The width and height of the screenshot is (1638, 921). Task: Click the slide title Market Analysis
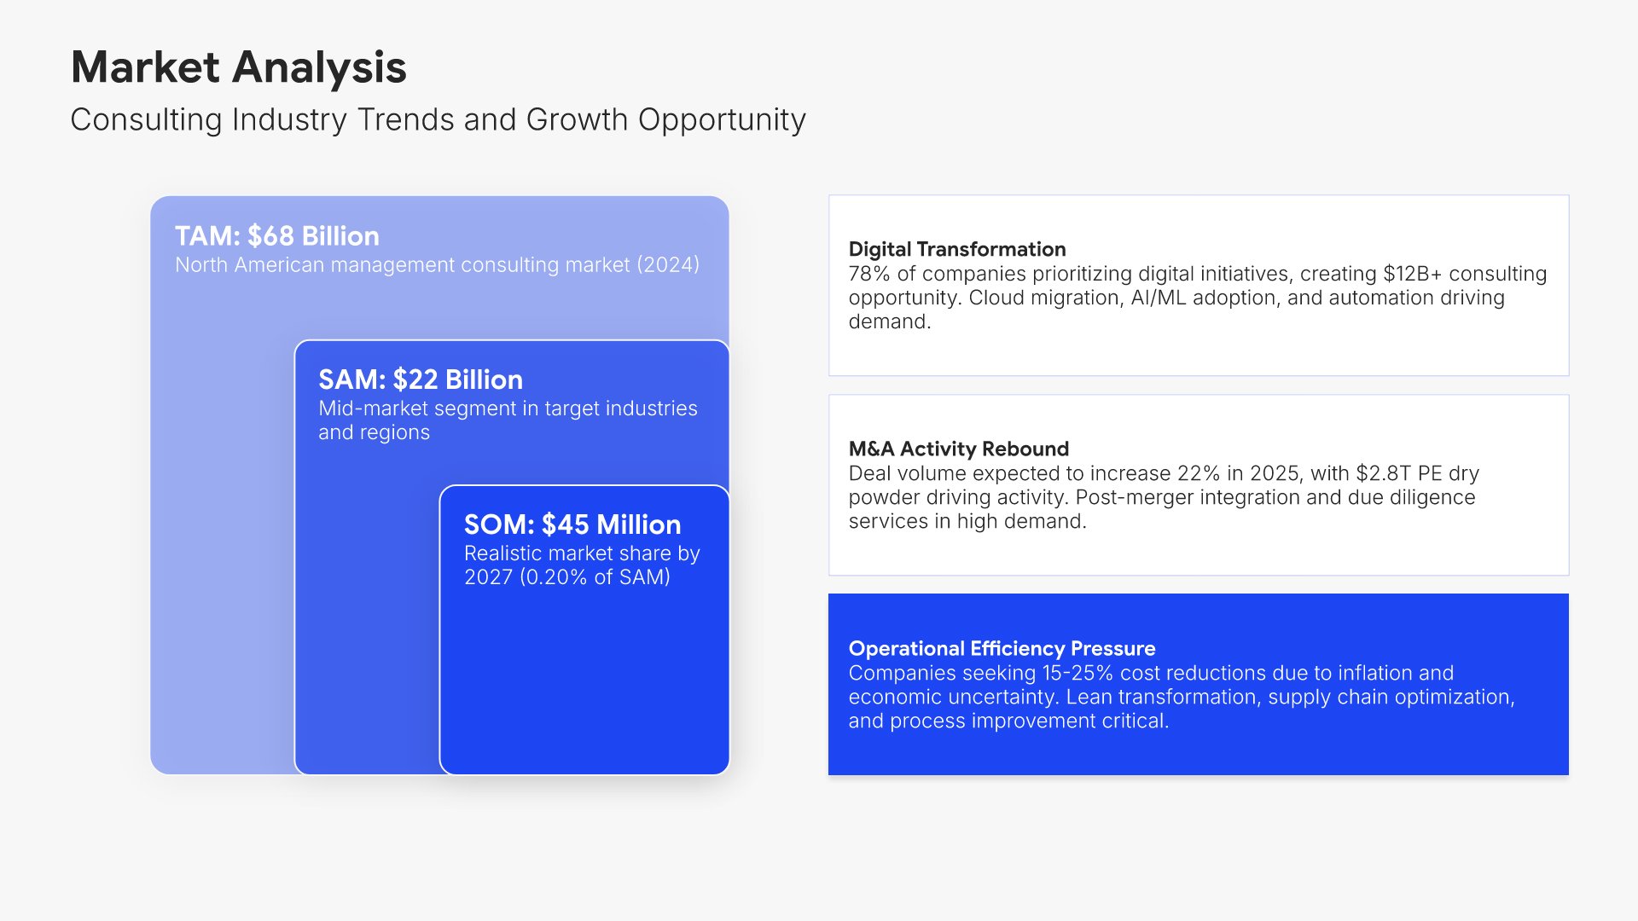point(239,67)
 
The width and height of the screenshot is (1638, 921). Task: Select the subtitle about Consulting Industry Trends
point(438,120)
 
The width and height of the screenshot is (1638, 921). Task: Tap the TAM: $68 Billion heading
point(277,236)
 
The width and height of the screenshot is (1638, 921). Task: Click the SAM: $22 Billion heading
point(421,379)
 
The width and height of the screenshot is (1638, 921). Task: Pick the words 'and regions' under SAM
point(374,432)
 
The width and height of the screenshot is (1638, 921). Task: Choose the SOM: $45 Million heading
point(572,524)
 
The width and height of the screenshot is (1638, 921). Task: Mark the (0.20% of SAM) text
point(595,577)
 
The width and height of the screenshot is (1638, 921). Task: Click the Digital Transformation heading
point(957,249)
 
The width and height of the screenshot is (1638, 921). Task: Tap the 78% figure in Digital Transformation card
point(869,274)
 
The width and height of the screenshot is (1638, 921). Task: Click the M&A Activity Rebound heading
point(959,449)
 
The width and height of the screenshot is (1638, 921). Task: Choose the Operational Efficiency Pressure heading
point(1002,648)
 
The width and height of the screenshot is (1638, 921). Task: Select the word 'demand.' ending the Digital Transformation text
point(890,321)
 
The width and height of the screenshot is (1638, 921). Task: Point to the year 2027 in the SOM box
point(488,577)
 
